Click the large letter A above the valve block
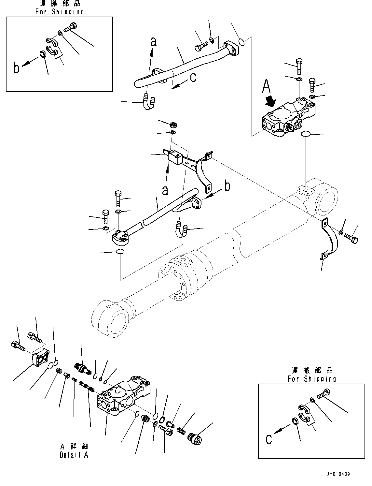point(266,87)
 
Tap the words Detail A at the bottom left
point(74,455)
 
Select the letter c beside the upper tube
point(193,78)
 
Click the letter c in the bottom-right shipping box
point(269,439)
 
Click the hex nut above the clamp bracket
point(173,124)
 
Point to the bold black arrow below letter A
point(270,101)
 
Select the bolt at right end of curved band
point(351,239)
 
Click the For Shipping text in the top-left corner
point(60,12)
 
